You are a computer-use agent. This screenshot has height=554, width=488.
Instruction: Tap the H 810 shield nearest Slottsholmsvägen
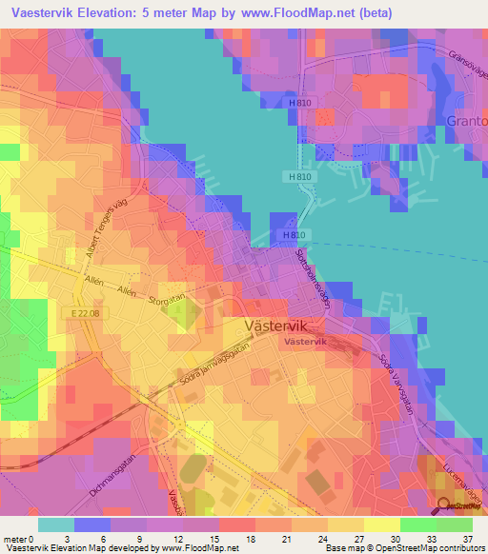[x=292, y=235]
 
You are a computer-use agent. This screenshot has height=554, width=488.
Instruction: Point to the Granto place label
[x=466, y=122]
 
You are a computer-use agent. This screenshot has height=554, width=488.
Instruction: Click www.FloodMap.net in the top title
[x=294, y=12]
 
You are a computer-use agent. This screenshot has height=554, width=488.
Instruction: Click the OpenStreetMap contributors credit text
[x=428, y=549]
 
